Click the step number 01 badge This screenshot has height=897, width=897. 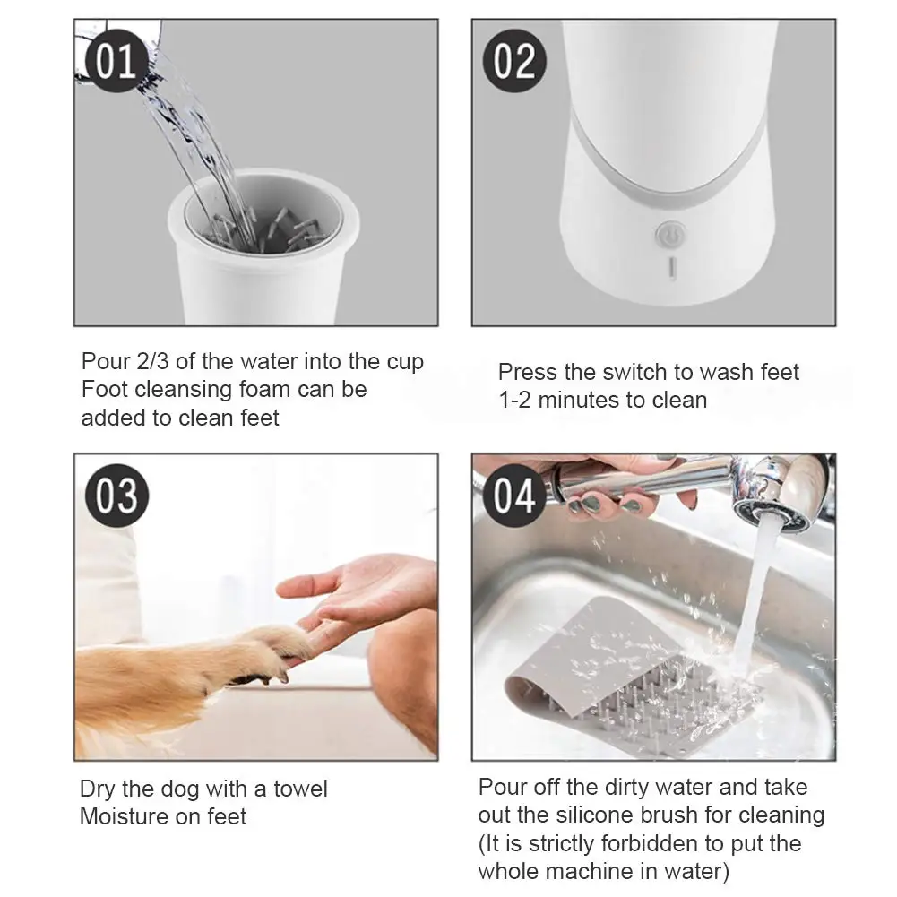[x=116, y=61]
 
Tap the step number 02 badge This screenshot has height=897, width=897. [x=514, y=61]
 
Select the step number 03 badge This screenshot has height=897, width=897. [x=116, y=496]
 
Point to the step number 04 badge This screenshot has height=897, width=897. [x=514, y=496]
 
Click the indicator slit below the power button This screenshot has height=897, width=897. [x=673, y=268]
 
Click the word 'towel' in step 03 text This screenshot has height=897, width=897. [x=300, y=789]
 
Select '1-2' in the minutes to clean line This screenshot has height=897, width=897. [x=515, y=401]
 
